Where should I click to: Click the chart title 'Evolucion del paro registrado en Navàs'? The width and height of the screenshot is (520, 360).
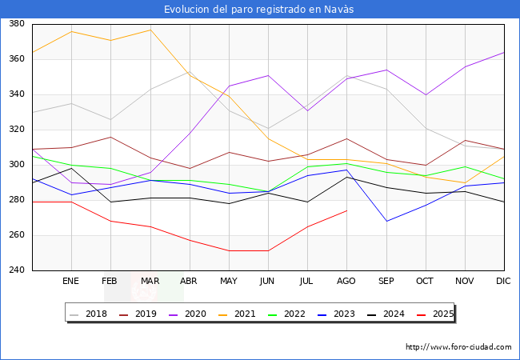tap(258, 9)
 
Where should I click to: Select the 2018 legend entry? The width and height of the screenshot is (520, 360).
tap(88, 314)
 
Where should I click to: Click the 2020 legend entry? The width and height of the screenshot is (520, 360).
tap(187, 314)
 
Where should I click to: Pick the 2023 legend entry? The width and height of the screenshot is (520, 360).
tap(336, 314)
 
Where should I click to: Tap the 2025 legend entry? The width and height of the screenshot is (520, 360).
tap(435, 314)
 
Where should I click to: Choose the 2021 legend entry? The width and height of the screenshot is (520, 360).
tap(237, 314)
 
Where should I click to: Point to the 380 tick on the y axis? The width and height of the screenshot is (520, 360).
tap(17, 23)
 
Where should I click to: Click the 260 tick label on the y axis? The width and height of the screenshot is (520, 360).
tap(17, 235)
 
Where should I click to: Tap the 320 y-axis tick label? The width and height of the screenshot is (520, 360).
tap(17, 130)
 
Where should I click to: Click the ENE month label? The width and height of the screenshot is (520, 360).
tap(70, 281)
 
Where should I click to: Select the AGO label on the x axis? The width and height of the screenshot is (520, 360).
tap(346, 281)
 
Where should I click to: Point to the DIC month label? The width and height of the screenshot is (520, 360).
tap(503, 281)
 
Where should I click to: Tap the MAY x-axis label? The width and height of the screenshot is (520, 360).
tap(229, 281)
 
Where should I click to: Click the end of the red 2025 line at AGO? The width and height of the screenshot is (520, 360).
tap(347, 210)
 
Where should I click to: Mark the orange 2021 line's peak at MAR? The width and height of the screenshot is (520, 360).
tap(150, 30)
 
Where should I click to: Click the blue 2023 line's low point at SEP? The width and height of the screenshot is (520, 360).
tap(386, 221)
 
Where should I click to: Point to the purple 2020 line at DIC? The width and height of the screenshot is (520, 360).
tap(504, 52)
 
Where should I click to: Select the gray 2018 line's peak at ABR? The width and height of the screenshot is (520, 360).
tap(190, 72)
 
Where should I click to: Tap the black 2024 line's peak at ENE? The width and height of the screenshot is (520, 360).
tap(72, 168)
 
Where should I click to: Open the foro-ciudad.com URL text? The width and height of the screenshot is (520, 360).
tap(458, 347)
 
